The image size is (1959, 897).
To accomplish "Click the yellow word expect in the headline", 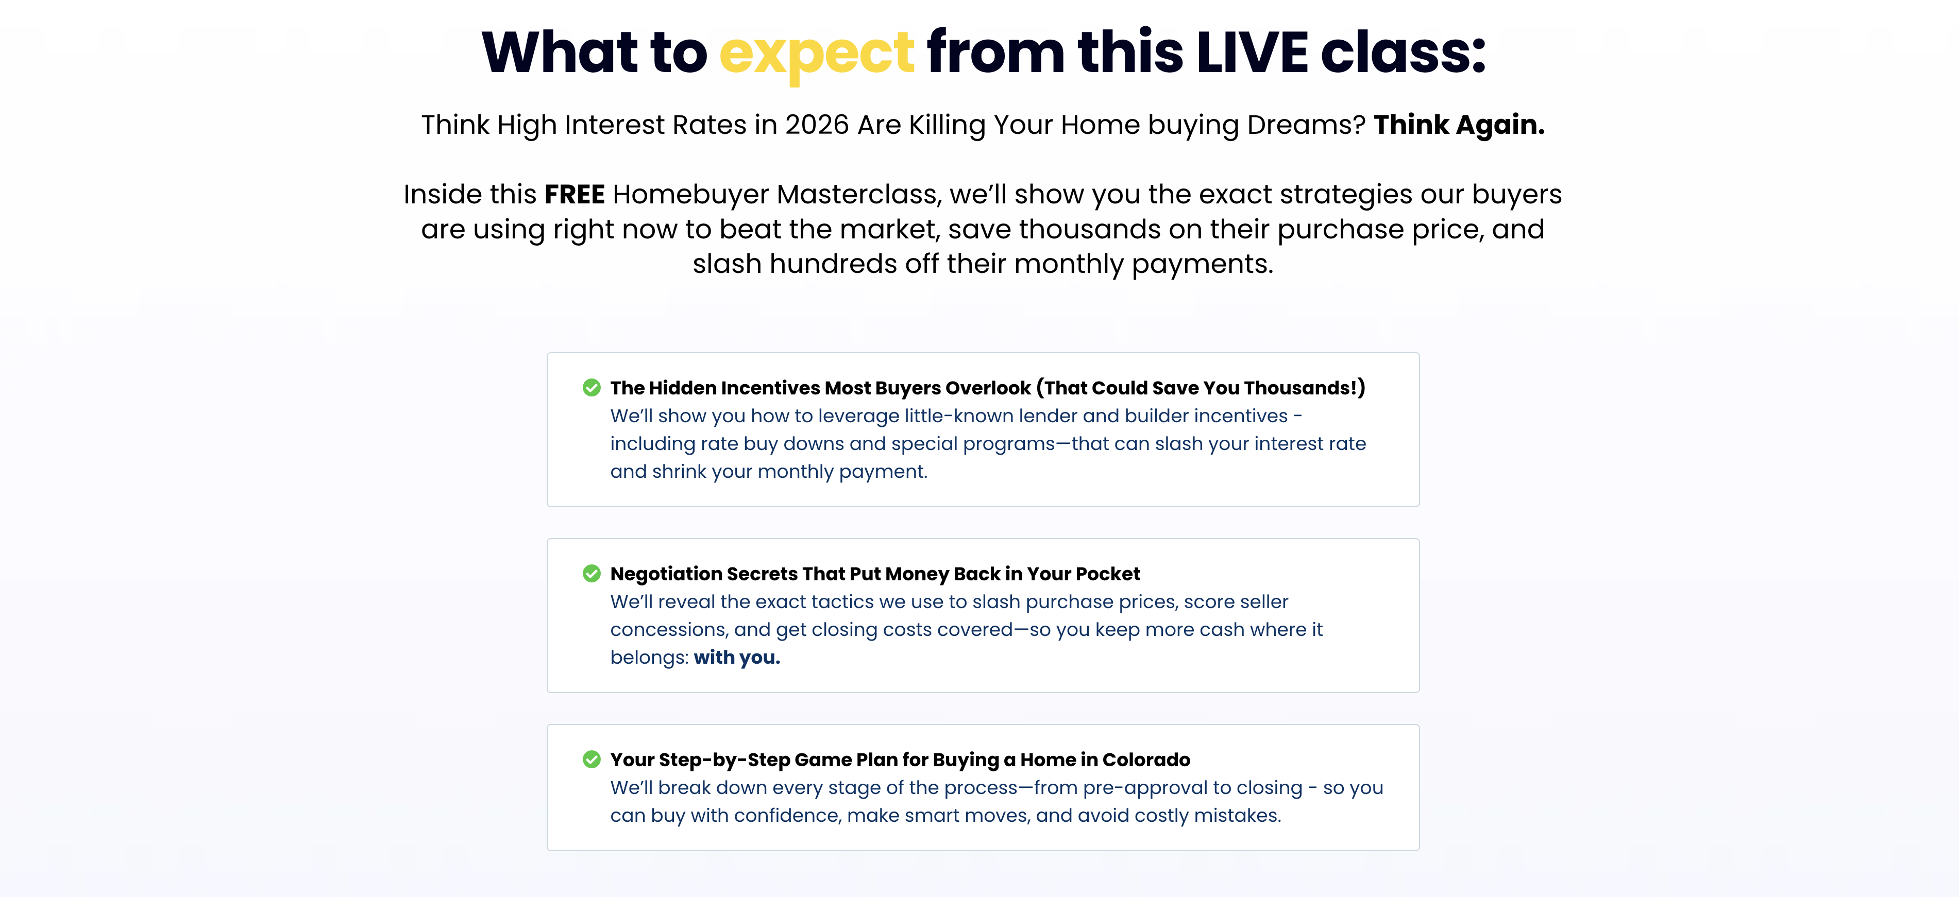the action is [x=816, y=55].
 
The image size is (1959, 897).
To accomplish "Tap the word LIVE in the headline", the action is [x=1252, y=53].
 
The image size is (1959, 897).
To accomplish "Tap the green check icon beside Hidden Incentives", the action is [x=592, y=388].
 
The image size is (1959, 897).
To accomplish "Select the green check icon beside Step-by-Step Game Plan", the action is [x=592, y=760].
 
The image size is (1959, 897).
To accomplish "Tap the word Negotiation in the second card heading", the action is [x=665, y=574].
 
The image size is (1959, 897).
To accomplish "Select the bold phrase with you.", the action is [x=737, y=658].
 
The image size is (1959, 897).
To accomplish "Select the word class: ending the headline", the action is [x=1403, y=53].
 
